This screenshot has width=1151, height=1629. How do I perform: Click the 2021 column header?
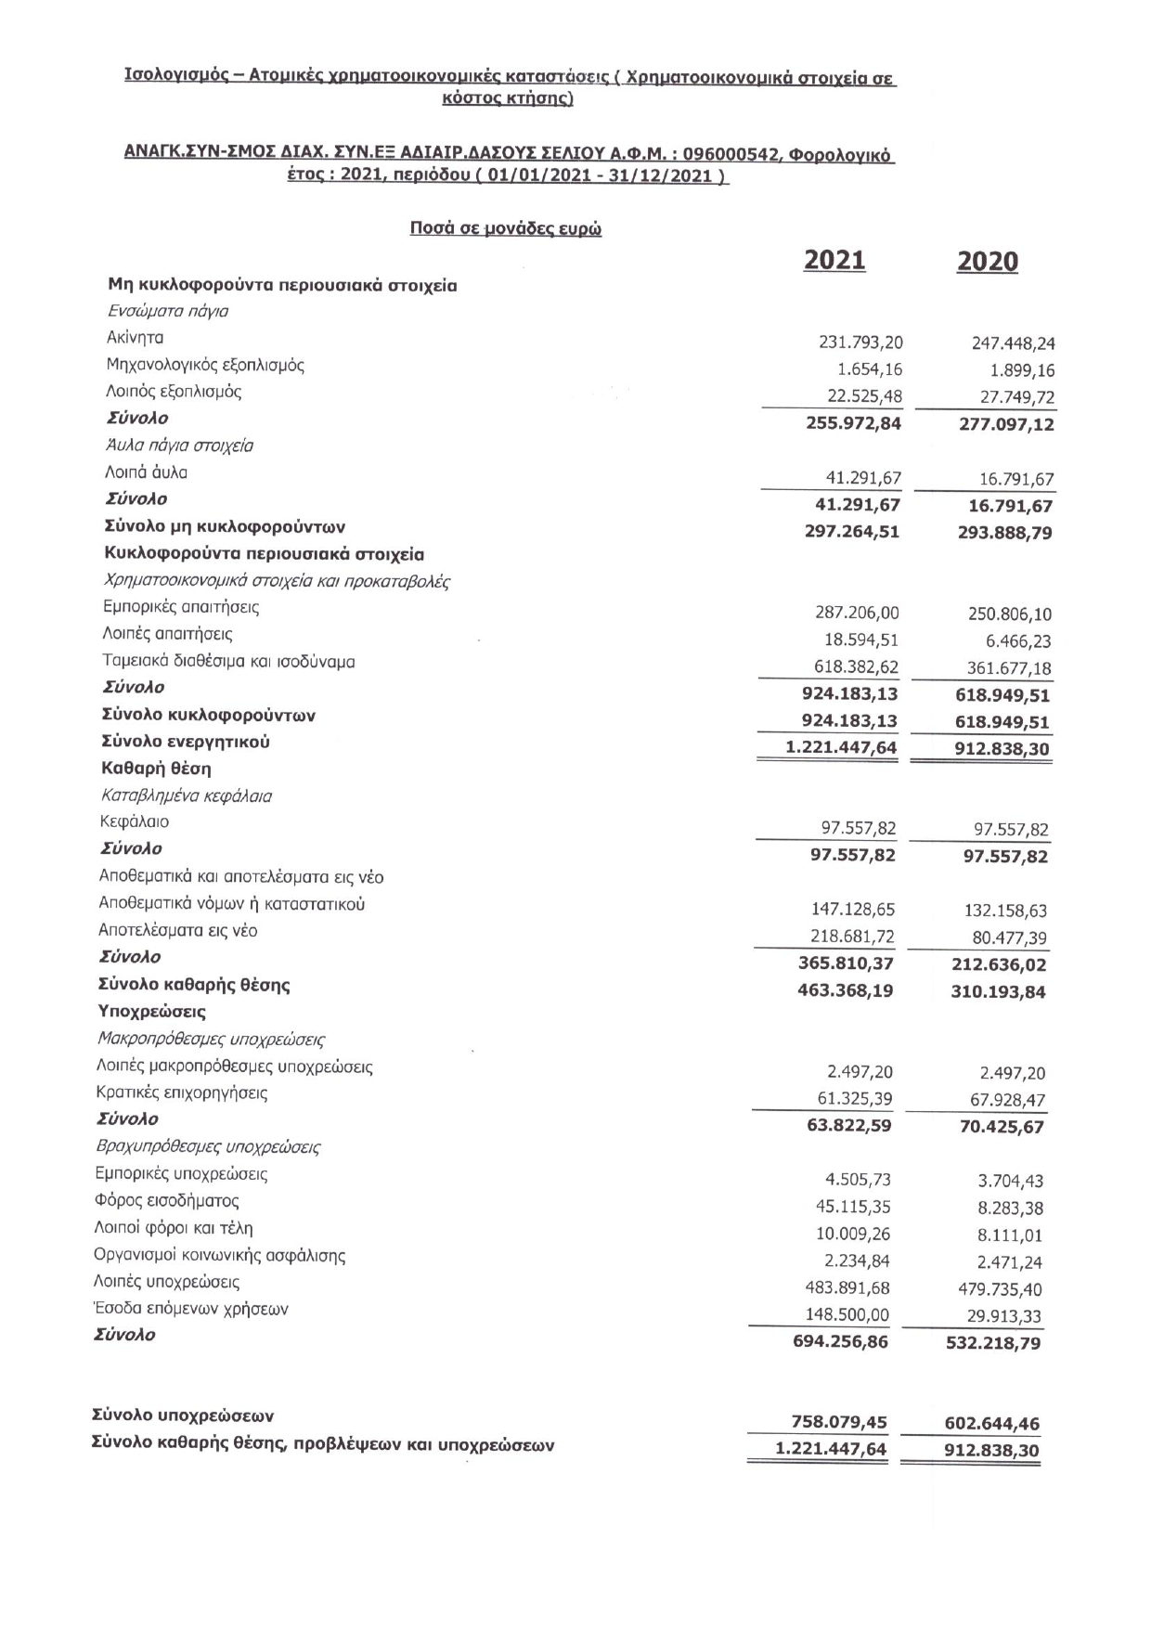(834, 260)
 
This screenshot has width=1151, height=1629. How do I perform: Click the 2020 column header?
(987, 263)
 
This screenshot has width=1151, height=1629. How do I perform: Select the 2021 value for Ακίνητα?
(860, 343)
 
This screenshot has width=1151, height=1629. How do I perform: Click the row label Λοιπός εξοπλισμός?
(175, 392)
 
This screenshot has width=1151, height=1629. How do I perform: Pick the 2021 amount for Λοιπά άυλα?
(863, 478)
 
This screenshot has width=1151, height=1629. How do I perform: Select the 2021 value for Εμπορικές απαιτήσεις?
(857, 613)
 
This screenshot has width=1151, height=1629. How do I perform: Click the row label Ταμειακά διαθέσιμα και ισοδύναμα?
(229, 662)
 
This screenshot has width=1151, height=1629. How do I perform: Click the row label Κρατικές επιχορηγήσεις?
(182, 1093)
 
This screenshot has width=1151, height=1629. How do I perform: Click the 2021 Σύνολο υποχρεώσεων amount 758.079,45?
(839, 1422)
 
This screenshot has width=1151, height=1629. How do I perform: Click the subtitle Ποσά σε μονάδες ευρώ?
(506, 228)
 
